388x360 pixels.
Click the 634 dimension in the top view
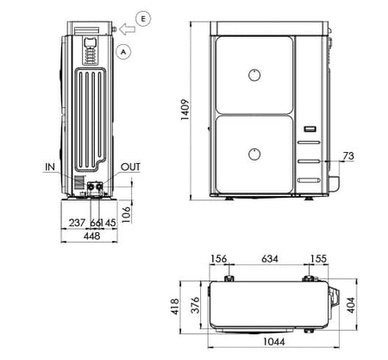coord(269,257)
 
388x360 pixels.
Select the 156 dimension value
coord(219,257)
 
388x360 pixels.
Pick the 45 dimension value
coord(110,224)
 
